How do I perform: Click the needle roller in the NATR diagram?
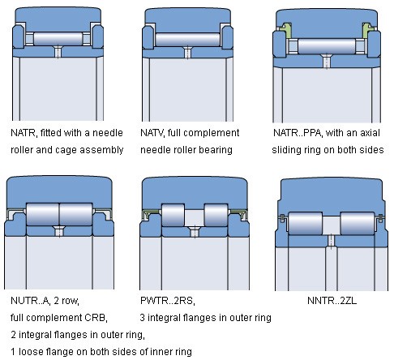[58, 39]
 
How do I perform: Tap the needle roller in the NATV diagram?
[187, 40]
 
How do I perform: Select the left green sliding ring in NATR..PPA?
[285, 30]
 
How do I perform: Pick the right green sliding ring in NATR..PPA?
[367, 30]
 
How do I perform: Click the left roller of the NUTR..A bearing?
[43, 214]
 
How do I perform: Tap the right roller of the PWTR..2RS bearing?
[216, 215]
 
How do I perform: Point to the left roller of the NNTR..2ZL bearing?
[305, 223]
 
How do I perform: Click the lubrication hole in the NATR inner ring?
[58, 52]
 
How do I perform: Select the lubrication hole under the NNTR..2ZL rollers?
[331, 241]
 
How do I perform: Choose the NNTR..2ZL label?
[332, 301]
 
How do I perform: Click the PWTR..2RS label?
[168, 301]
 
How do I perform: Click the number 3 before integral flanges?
[143, 318]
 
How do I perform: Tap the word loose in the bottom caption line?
[31, 352]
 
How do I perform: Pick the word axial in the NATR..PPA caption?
[370, 133]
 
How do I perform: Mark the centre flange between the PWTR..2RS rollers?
[195, 218]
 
